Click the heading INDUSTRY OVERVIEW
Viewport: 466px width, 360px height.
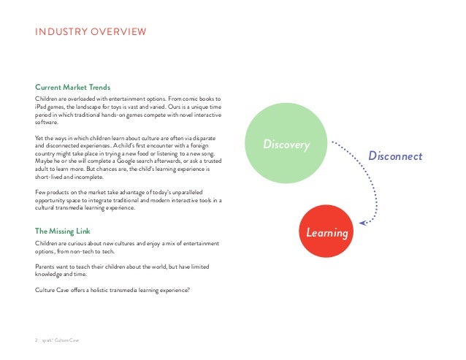[x=91, y=31]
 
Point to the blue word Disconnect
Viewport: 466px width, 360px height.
[x=395, y=156]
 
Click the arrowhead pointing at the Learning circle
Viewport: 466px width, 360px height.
[x=362, y=222]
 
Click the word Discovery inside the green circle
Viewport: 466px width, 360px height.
[x=287, y=145]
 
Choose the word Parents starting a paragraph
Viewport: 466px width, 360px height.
[x=46, y=267]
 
